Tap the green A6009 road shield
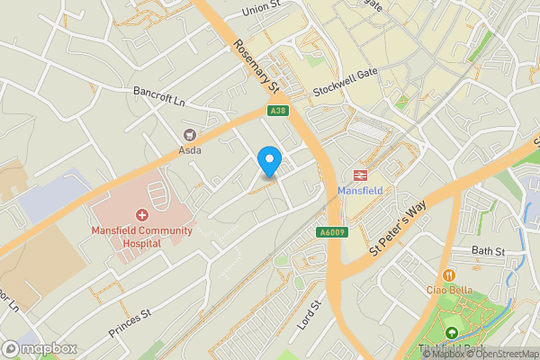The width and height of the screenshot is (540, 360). coord(332,232)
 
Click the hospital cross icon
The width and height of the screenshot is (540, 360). coord(141,215)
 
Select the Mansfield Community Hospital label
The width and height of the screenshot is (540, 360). coord(141,237)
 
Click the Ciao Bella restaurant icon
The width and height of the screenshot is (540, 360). coord(447,274)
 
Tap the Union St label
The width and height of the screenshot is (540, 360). coord(264,12)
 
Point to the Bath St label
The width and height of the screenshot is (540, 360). coord(490,250)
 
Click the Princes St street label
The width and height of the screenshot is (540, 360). coord(129,321)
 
